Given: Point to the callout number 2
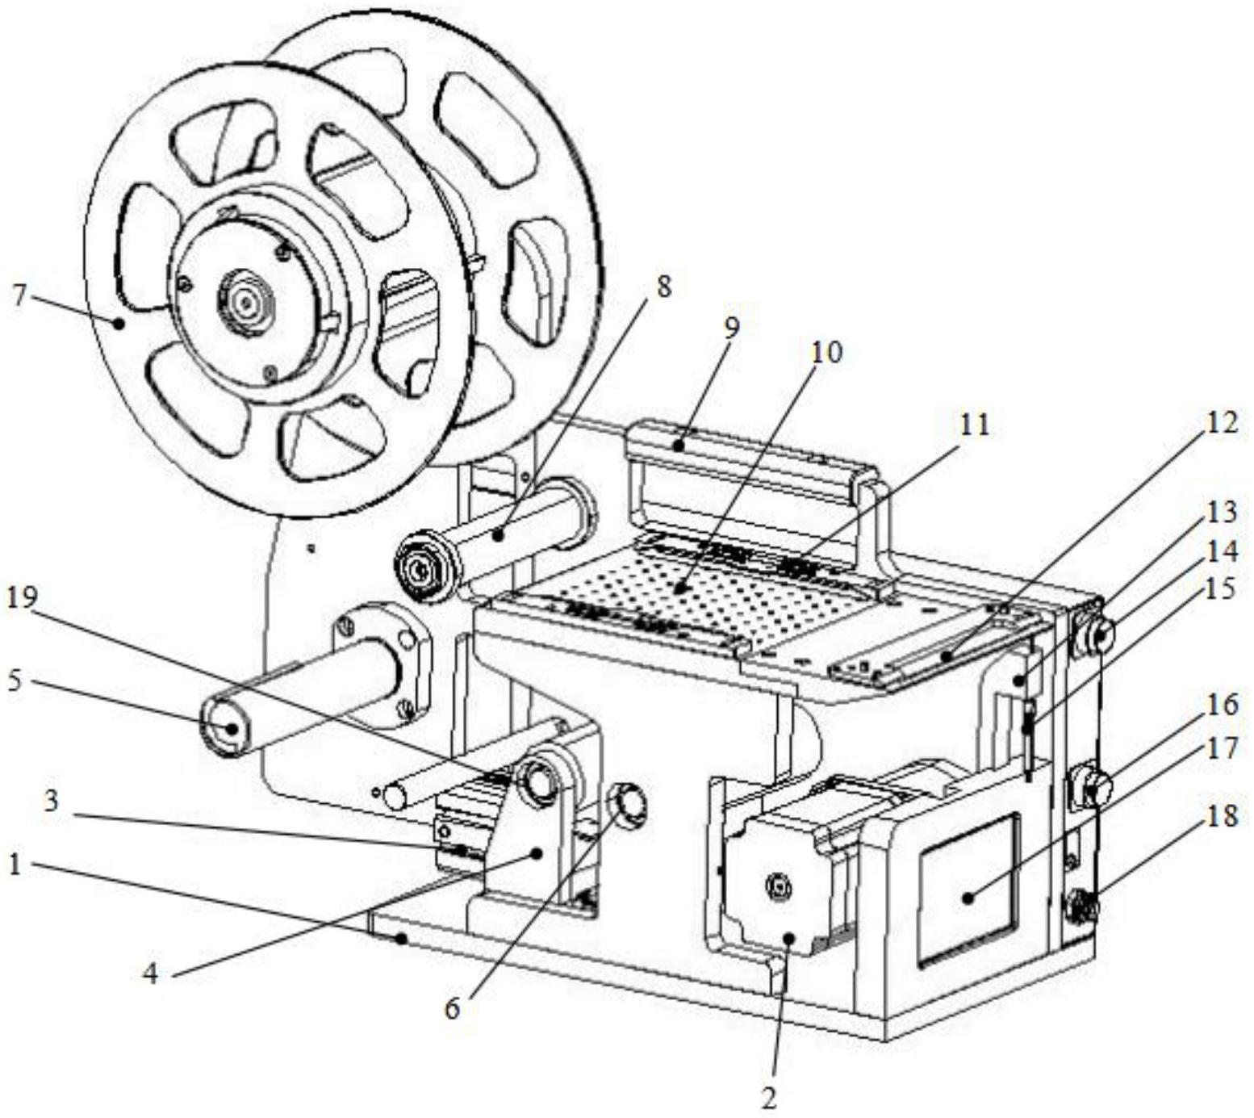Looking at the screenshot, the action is tap(768, 1097).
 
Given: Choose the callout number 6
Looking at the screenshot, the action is tap(452, 1008).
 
